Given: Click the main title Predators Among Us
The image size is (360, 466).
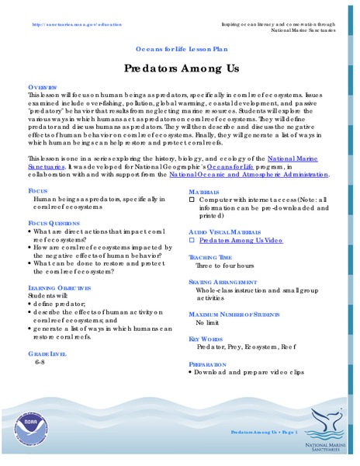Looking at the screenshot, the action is click(x=179, y=68).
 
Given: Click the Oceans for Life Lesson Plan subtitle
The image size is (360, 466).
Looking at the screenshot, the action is click(x=179, y=47).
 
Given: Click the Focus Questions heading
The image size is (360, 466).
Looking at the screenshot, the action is click(x=54, y=222).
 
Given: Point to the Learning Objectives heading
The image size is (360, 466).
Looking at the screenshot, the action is click(x=60, y=287).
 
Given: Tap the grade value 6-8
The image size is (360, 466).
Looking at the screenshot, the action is click(x=40, y=363).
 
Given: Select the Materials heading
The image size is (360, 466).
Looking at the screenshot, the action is click(x=204, y=190).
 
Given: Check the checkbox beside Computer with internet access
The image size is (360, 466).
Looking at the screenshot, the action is click(x=192, y=200).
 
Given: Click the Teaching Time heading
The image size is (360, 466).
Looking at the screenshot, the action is click(x=210, y=257).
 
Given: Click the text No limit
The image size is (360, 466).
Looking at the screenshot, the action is click(x=209, y=321).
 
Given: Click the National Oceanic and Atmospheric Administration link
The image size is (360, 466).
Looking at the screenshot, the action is click(x=247, y=175).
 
